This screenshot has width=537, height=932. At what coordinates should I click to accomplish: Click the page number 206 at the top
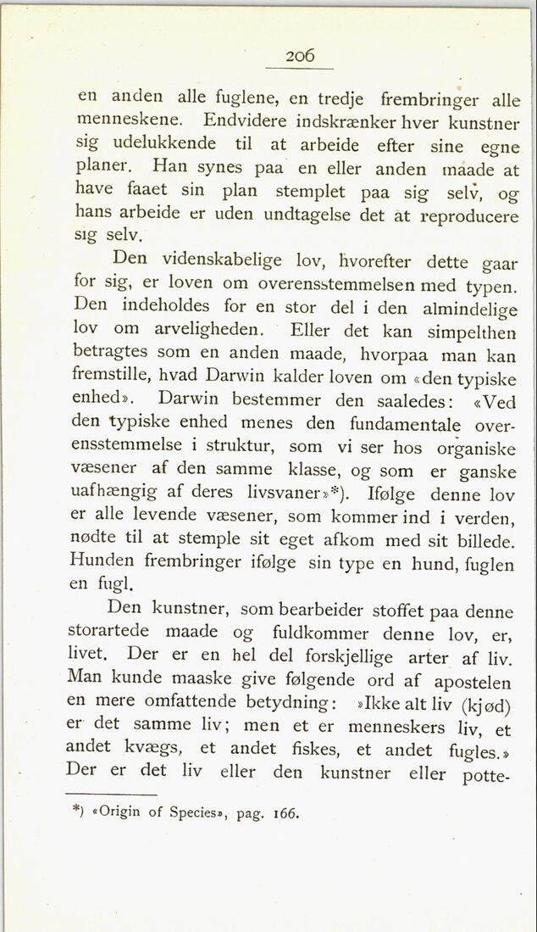point(301,56)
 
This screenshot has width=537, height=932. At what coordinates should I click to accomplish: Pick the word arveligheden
point(208,326)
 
